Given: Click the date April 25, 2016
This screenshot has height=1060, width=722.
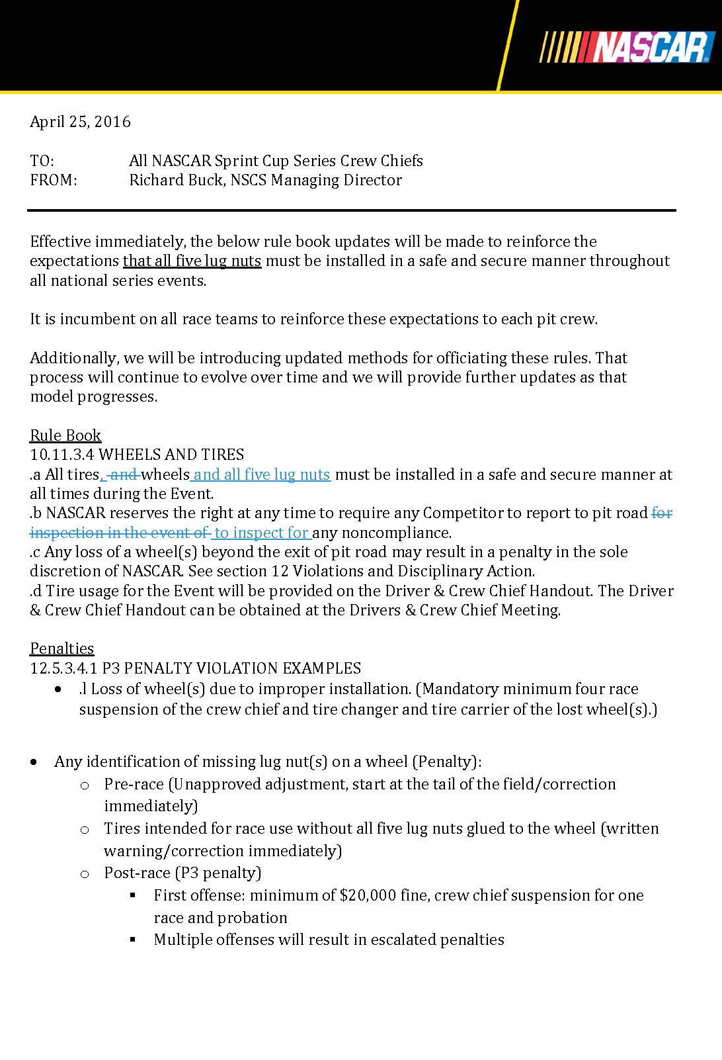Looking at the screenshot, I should pos(80,122).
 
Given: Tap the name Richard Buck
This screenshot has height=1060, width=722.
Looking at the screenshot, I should pos(175,180).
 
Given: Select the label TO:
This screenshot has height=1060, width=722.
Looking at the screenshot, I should pos(42,161).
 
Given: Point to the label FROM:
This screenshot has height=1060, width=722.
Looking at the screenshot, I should pos(53,180).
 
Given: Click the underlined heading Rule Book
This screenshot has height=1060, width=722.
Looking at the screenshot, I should pos(65,435).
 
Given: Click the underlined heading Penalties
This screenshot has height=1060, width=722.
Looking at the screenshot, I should pos(62,648).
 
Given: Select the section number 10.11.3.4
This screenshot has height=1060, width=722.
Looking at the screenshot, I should pos(62,455).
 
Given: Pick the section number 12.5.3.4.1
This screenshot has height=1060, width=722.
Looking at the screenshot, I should pos(64,668).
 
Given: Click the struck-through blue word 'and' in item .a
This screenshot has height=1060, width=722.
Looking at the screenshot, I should pos(124,474).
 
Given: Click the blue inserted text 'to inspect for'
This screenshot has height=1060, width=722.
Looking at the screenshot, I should pos(262,533).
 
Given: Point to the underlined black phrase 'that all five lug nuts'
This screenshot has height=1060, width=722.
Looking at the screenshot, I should pos(192,261).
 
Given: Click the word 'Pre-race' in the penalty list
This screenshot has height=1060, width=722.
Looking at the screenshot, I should pos(134,784).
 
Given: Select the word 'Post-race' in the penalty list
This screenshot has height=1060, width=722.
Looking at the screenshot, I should pos(137,873).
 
